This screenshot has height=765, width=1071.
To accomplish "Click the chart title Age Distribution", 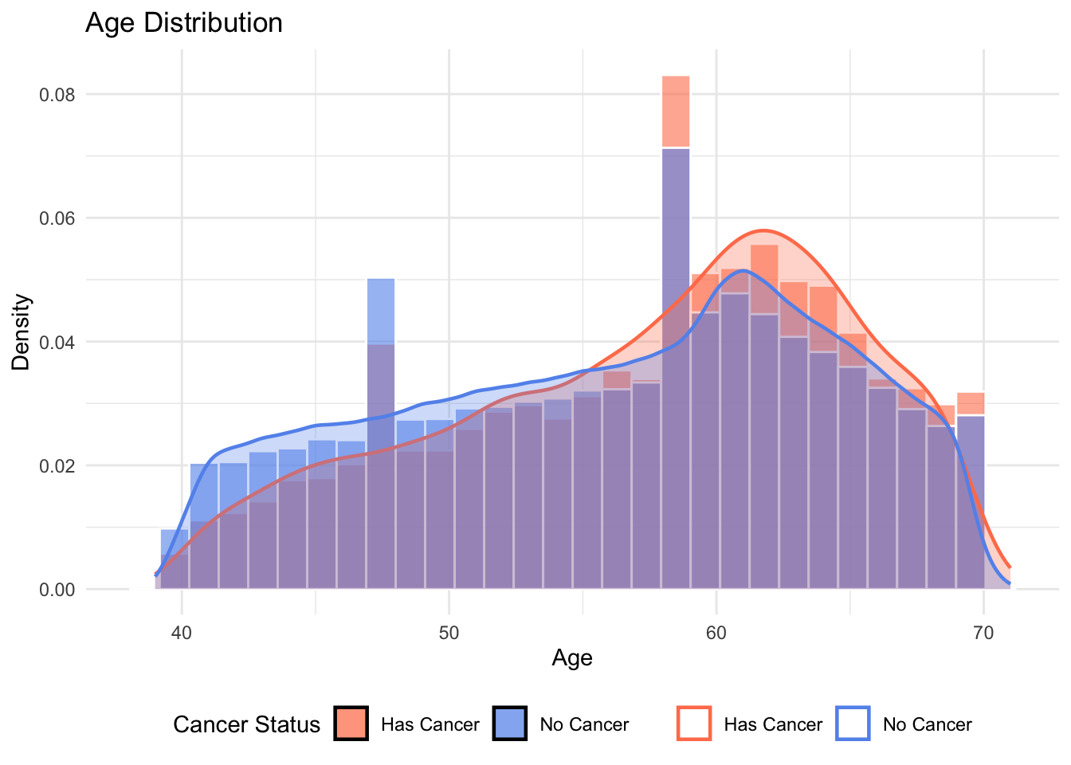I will [x=183, y=22].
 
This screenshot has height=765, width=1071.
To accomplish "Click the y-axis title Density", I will [x=21, y=332].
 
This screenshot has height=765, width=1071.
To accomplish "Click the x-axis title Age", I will [x=571, y=657].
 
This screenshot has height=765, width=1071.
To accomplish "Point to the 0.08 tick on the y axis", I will [x=57, y=95].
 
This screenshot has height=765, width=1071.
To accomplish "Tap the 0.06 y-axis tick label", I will [x=57, y=218].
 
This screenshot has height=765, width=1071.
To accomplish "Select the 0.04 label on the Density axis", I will [x=57, y=342].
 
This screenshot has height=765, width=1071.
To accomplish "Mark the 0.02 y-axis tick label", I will [x=57, y=465].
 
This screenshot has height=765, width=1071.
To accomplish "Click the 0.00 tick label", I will [x=57, y=590].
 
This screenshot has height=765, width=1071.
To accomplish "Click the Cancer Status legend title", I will [x=246, y=724].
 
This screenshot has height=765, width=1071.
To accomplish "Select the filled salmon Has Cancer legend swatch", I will [x=351, y=724].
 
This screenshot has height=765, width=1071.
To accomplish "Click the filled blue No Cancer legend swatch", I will [x=510, y=724].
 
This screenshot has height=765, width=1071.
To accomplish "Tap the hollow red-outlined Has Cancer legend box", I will [x=694, y=724].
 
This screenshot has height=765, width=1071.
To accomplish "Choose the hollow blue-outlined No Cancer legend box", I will [x=853, y=724].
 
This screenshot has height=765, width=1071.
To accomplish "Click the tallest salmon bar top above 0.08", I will [x=676, y=80].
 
